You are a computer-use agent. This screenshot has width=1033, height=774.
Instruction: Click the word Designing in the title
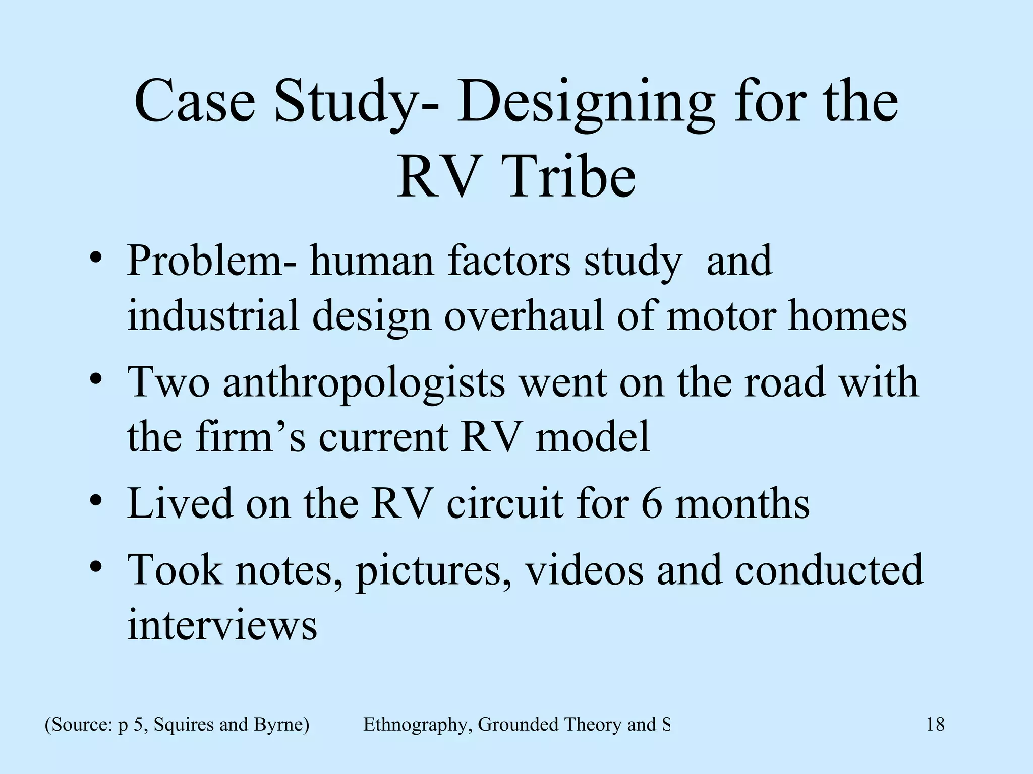[x=586, y=103]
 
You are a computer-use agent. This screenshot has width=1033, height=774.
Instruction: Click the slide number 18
[x=935, y=724]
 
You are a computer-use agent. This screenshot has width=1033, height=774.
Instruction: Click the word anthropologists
[x=364, y=382]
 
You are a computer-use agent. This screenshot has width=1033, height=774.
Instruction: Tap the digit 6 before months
[x=651, y=503]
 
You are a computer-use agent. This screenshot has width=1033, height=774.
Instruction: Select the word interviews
[x=222, y=624]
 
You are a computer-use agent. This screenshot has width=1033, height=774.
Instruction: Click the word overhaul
[x=524, y=316]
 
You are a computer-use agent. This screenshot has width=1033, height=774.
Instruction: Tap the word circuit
[x=504, y=503]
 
